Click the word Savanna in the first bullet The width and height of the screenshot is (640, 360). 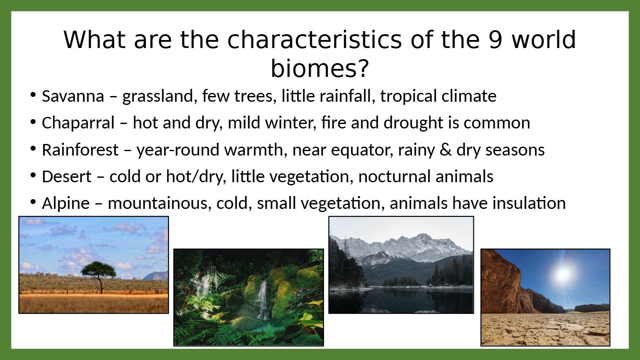(x=73, y=96)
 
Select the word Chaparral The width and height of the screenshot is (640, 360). (x=78, y=123)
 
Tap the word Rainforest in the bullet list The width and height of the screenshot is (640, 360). (x=80, y=150)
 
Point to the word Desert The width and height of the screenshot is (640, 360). (x=67, y=176)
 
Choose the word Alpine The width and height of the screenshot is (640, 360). (x=66, y=204)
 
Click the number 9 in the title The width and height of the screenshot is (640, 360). (x=495, y=40)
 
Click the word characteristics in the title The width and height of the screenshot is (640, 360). (x=314, y=40)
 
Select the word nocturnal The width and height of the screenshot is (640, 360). (x=394, y=176)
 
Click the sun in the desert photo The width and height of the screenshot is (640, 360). (x=563, y=275)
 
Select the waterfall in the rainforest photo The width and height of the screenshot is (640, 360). (x=262, y=299)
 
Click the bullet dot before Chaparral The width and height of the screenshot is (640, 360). (x=33, y=122)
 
